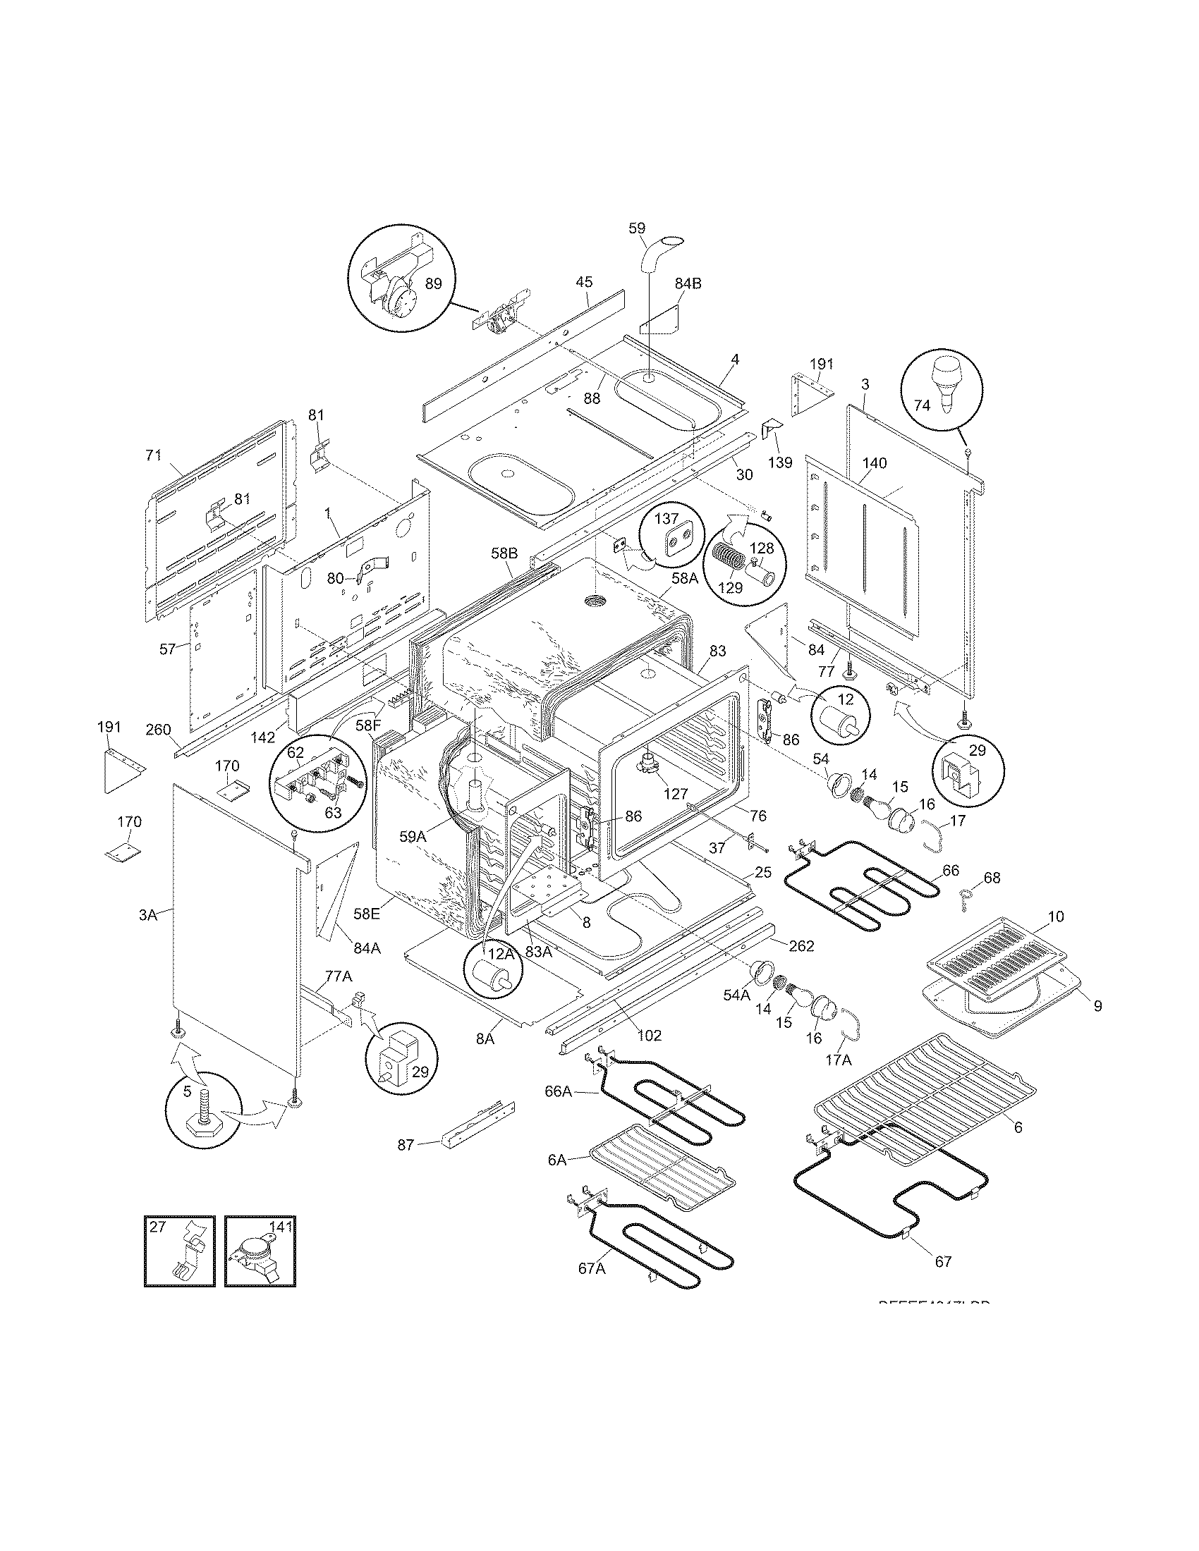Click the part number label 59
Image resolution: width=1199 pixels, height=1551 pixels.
pos(637,228)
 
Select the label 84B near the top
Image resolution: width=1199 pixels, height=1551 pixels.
pos(688,283)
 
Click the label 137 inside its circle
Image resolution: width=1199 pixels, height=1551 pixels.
pos(667,519)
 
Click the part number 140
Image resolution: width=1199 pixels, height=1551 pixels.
pos(875,463)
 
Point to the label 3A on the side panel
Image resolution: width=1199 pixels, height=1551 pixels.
pos(147,915)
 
